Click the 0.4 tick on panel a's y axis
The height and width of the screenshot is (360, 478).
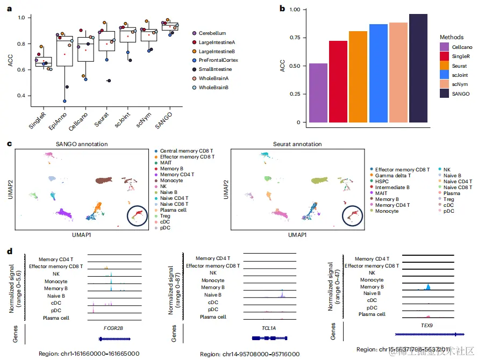click(x=22, y=96)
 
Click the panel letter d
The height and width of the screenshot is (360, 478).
click(x=9, y=251)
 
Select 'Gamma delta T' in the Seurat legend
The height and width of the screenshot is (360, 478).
click(x=391, y=176)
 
